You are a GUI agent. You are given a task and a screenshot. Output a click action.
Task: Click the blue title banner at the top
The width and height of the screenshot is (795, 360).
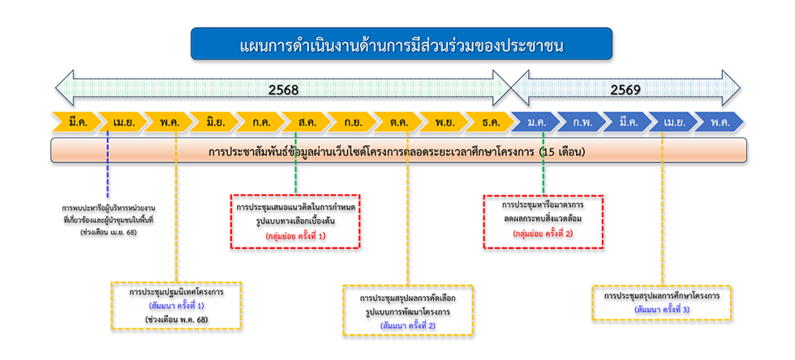pos(402,44)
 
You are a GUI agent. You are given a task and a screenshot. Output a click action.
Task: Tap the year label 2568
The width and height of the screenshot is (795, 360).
pos(283,89)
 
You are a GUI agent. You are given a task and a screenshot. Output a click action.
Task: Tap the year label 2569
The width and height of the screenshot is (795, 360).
pos(625,89)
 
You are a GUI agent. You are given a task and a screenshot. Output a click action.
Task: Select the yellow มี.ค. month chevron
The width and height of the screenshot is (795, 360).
pos(77,122)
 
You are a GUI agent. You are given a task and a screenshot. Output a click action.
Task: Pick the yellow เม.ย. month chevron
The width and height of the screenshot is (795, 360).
pos(123,122)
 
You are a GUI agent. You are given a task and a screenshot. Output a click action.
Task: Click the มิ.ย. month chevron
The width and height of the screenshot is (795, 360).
pos(216,122)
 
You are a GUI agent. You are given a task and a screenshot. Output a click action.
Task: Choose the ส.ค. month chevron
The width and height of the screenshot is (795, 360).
pos(307,122)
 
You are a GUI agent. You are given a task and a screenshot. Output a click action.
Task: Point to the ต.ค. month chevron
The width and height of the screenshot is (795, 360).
pos(399,122)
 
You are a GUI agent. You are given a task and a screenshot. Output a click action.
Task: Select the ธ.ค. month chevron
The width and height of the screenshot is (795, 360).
pos(491,122)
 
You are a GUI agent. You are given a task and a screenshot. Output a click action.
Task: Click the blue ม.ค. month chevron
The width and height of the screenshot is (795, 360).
pos(536,122)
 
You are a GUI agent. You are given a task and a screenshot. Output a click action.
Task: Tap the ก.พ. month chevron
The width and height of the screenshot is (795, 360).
pos(582,122)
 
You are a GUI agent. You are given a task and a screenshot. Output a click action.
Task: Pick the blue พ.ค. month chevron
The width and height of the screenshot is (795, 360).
pos(719,122)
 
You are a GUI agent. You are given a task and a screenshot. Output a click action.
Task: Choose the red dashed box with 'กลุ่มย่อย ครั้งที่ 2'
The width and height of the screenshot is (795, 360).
pos(544,219)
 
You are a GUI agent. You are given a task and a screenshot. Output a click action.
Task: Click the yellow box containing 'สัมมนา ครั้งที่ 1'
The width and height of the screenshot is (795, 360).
pos(176,304)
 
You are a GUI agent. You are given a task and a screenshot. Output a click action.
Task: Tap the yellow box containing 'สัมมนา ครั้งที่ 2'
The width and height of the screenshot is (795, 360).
pos(409,311)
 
